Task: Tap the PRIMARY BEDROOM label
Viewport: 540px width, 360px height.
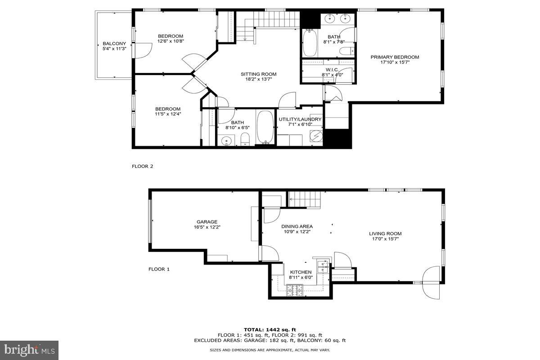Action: (x=395, y=57)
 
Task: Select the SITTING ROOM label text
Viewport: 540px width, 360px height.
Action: (x=258, y=74)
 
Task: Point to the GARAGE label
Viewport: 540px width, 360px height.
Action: (x=207, y=222)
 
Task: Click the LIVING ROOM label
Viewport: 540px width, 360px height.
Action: (x=385, y=234)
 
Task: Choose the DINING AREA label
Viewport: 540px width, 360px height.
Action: (x=297, y=226)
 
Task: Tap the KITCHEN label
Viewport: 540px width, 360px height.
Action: (x=301, y=272)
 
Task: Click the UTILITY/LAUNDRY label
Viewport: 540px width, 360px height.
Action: (x=300, y=119)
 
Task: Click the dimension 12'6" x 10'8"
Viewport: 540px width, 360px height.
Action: (x=171, y=41)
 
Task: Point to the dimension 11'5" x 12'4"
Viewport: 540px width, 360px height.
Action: (x=168, y=114)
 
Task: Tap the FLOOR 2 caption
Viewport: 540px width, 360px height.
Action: (x=142, y=166)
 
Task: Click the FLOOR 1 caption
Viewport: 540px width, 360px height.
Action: (x=159, y=269)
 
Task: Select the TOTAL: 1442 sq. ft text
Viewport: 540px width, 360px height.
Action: (x=270, y=330)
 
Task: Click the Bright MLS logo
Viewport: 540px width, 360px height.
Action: (x=29, y=350)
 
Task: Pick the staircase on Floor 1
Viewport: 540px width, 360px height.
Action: (x=305, y=199)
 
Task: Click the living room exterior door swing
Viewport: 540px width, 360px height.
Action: (x=431, y=281)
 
